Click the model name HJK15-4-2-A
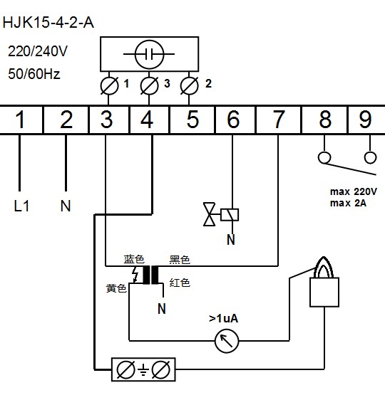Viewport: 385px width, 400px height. click(48, 23)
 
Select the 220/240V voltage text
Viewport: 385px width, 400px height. click(38, 51)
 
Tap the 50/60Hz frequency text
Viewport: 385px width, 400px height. click(34, 74)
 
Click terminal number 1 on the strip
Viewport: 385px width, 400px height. click(20, 120)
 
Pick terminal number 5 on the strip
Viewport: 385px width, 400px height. click(192, 120)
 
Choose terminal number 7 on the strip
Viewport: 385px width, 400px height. click(279, 120)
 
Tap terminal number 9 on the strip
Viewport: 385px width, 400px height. click(365, 120)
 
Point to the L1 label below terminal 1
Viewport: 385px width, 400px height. click(21, 206)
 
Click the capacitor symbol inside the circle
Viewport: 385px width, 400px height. click(149, 54)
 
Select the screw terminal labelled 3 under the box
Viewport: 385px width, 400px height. click(149, 86)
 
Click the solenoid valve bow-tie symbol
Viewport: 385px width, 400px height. click(209, 214)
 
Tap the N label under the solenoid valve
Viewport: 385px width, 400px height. click(231, 240)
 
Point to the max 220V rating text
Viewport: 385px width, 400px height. click(354, 191)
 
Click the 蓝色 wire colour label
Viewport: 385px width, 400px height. click(134, 259)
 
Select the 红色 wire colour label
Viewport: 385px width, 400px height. click(180, 283)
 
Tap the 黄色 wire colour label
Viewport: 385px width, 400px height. click(116, 288)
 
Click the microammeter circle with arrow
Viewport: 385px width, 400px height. click(227, 341)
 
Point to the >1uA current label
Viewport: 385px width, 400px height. click(224, 319)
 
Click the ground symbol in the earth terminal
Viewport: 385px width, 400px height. click(143, 370)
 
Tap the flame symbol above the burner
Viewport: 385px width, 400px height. click(324, 267)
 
